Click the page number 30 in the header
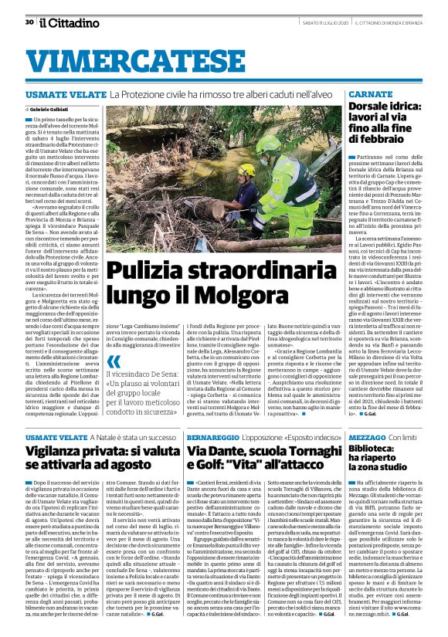point(29,22)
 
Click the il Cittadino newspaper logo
point(66,22)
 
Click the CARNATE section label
point(371,93)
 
